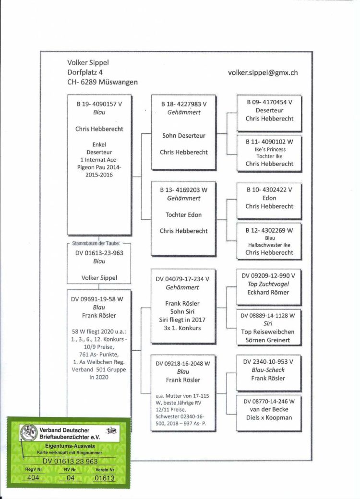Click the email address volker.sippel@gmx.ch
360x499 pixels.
(263, 73)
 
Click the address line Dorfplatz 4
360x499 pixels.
(85, 72)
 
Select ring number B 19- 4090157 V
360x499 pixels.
(99, 104)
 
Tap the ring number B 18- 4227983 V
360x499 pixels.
(184, 104)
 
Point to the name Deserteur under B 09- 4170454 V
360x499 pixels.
(269, 110)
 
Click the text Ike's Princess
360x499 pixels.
(270, 149)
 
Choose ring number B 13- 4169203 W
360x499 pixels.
(184, 190)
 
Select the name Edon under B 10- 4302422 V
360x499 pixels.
(269, 198)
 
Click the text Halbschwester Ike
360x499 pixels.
(269, 245)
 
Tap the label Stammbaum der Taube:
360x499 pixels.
(96, 243)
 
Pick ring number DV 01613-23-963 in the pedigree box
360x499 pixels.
(99, 253)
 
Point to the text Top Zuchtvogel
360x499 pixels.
(268, 284)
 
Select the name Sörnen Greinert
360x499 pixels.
(268, 340)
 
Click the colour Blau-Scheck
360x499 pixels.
(268, 370)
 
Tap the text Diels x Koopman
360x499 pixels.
(269, 418)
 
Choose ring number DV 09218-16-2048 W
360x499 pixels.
(183, 364)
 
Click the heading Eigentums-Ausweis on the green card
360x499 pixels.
(70, 446)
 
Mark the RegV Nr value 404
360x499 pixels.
(33, 478)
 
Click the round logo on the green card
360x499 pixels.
(29, 433)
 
